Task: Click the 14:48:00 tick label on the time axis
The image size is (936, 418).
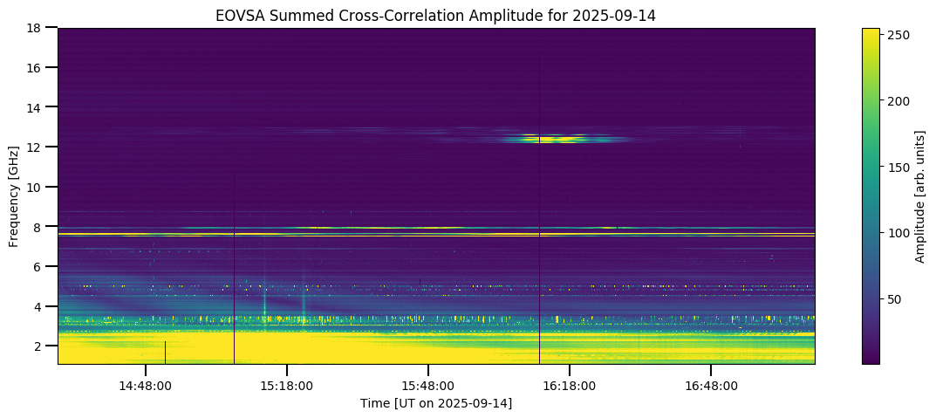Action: tap(145, 386)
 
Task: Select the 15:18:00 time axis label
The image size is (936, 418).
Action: tap(286, 386)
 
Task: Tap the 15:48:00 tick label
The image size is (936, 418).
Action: tap(427, 386)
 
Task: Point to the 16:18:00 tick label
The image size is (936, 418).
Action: tap(569, 386)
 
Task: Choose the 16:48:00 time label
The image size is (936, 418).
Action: tap(710, 386)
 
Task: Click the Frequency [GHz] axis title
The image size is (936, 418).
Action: tap(14, 195)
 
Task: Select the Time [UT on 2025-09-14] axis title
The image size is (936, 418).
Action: tap(436, 403)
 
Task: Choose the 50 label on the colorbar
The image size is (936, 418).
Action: tap(895, 299)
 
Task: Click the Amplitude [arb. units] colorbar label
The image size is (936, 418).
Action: tap(919, 195)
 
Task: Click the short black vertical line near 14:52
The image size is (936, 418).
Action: tap(165, 353)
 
